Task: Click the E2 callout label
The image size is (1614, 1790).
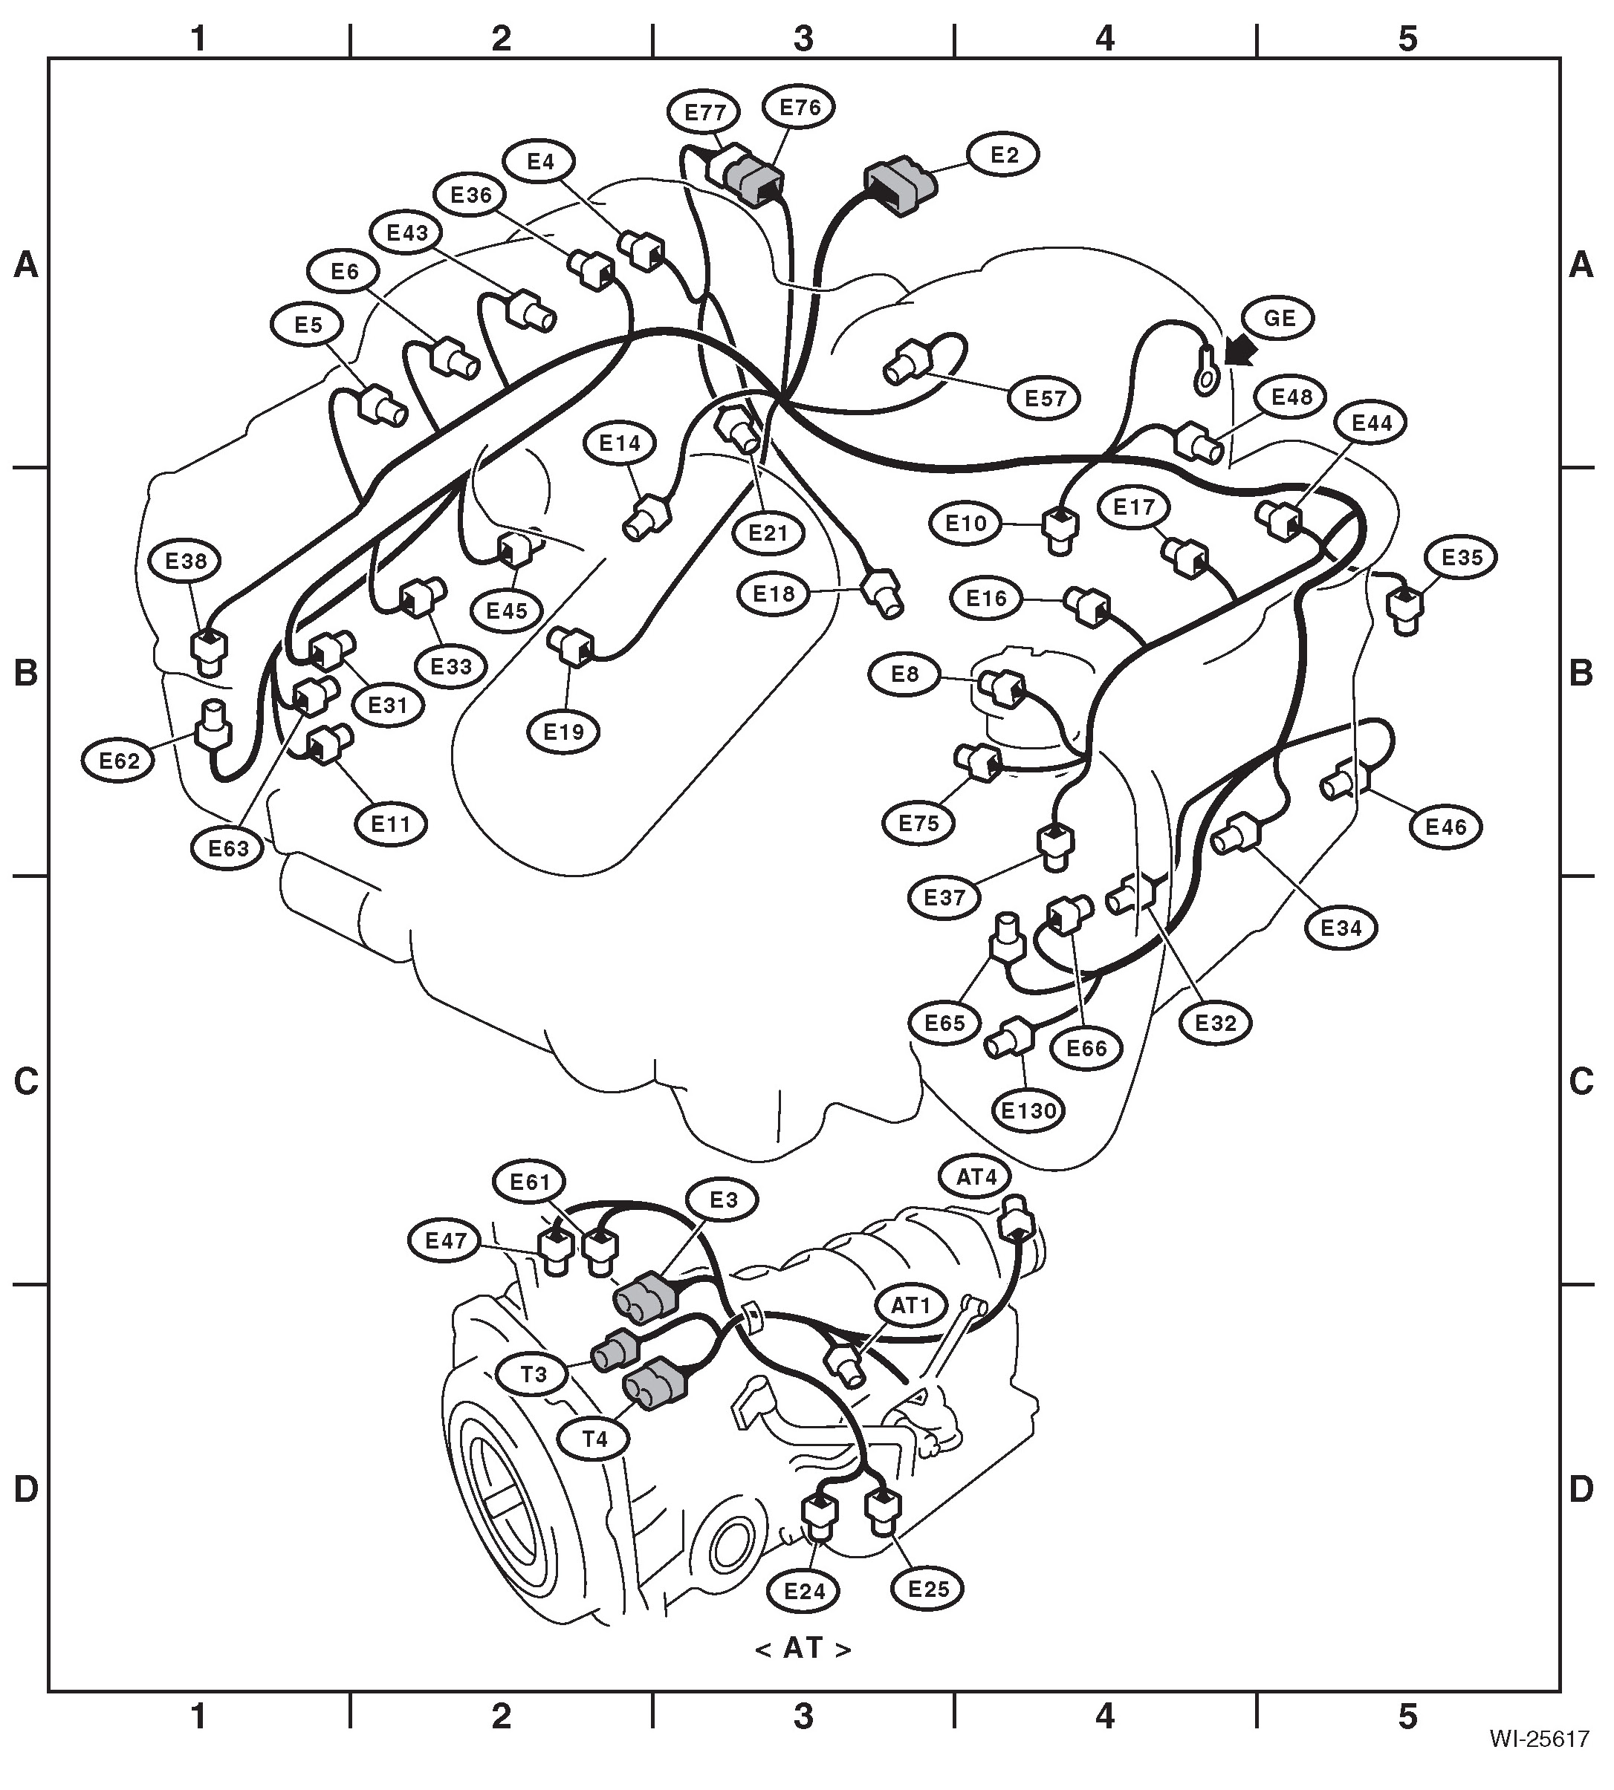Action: pyautogui.click(x=1004, y=155)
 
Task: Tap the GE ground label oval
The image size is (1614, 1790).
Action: pyautogui.click(x=1279, y=317)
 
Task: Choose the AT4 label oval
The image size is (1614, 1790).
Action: pyautogui.click(x=976, y=1177)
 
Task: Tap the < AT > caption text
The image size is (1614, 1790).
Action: pyautogui.click(x=803, y=1648)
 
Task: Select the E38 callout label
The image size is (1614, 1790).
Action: pyautogui.click(x=187, y=560)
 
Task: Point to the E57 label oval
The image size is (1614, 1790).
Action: pyautogui.click(x=1045, y=398)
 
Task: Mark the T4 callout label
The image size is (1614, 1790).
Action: pyautogui.click(x=595, y=1438)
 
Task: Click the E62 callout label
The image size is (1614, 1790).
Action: pyautogui.click(x=120, y=761)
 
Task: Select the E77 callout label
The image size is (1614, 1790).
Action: pyautogui.click(x=705, y=111)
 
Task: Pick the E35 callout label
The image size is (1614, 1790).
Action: pyautogui.click(x=1462, y=558)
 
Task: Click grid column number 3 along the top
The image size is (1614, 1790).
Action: pyautogui.click(x=803, y=38)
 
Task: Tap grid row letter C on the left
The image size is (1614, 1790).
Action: pyautogui.click(x=26, y=1081)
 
